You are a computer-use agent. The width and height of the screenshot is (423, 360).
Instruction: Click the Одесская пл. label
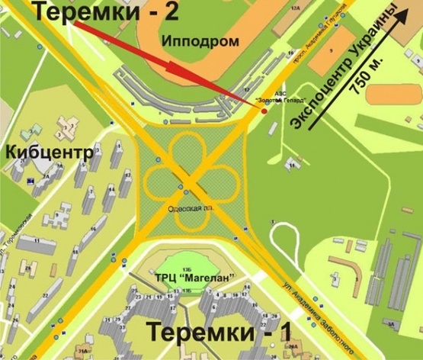coord(187,207)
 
